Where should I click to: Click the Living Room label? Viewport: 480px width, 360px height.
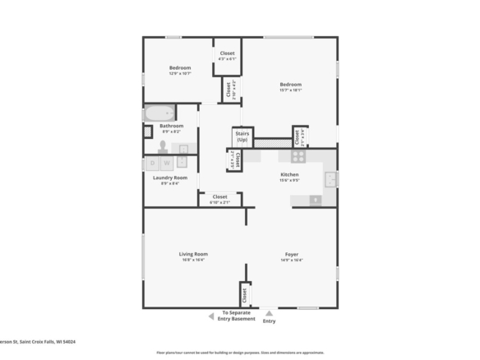193,254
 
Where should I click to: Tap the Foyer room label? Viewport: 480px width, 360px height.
291,254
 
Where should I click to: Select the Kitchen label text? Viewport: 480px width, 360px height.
289,175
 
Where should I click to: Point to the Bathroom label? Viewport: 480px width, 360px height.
172,126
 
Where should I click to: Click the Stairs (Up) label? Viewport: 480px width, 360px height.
242,136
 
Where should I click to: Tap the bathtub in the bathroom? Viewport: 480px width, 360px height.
159,113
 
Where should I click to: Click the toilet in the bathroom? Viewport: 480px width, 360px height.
163,147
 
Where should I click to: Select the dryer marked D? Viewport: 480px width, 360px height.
153,164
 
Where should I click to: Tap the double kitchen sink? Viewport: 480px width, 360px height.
330,179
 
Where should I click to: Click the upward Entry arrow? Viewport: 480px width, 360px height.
269,312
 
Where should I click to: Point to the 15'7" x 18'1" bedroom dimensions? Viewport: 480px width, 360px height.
290,90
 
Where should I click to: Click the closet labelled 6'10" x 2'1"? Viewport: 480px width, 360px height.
219,198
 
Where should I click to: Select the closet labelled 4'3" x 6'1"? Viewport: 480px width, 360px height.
227,56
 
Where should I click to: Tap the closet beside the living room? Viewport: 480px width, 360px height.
244,293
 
